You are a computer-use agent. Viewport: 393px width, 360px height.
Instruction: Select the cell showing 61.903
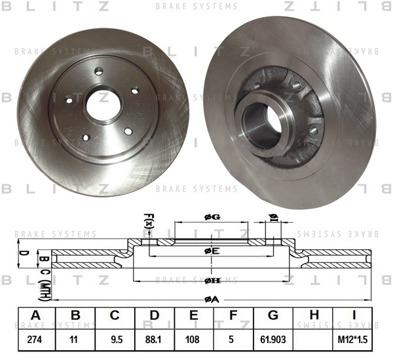coord(273,340)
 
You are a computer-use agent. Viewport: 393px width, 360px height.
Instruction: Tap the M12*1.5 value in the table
coord(352,340)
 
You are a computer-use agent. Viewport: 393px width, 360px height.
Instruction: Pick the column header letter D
coord(155,315)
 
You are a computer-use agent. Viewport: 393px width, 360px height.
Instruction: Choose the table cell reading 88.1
coord(155,340)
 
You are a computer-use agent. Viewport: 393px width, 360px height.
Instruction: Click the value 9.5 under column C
coord(115,340)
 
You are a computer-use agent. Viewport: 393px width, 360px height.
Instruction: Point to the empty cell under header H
coord(313,340)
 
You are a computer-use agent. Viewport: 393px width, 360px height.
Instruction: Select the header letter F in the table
coord(233,315)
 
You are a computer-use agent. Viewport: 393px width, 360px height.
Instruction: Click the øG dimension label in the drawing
coord(212,217)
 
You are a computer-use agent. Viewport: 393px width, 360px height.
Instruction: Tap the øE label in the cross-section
coord(212,251)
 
